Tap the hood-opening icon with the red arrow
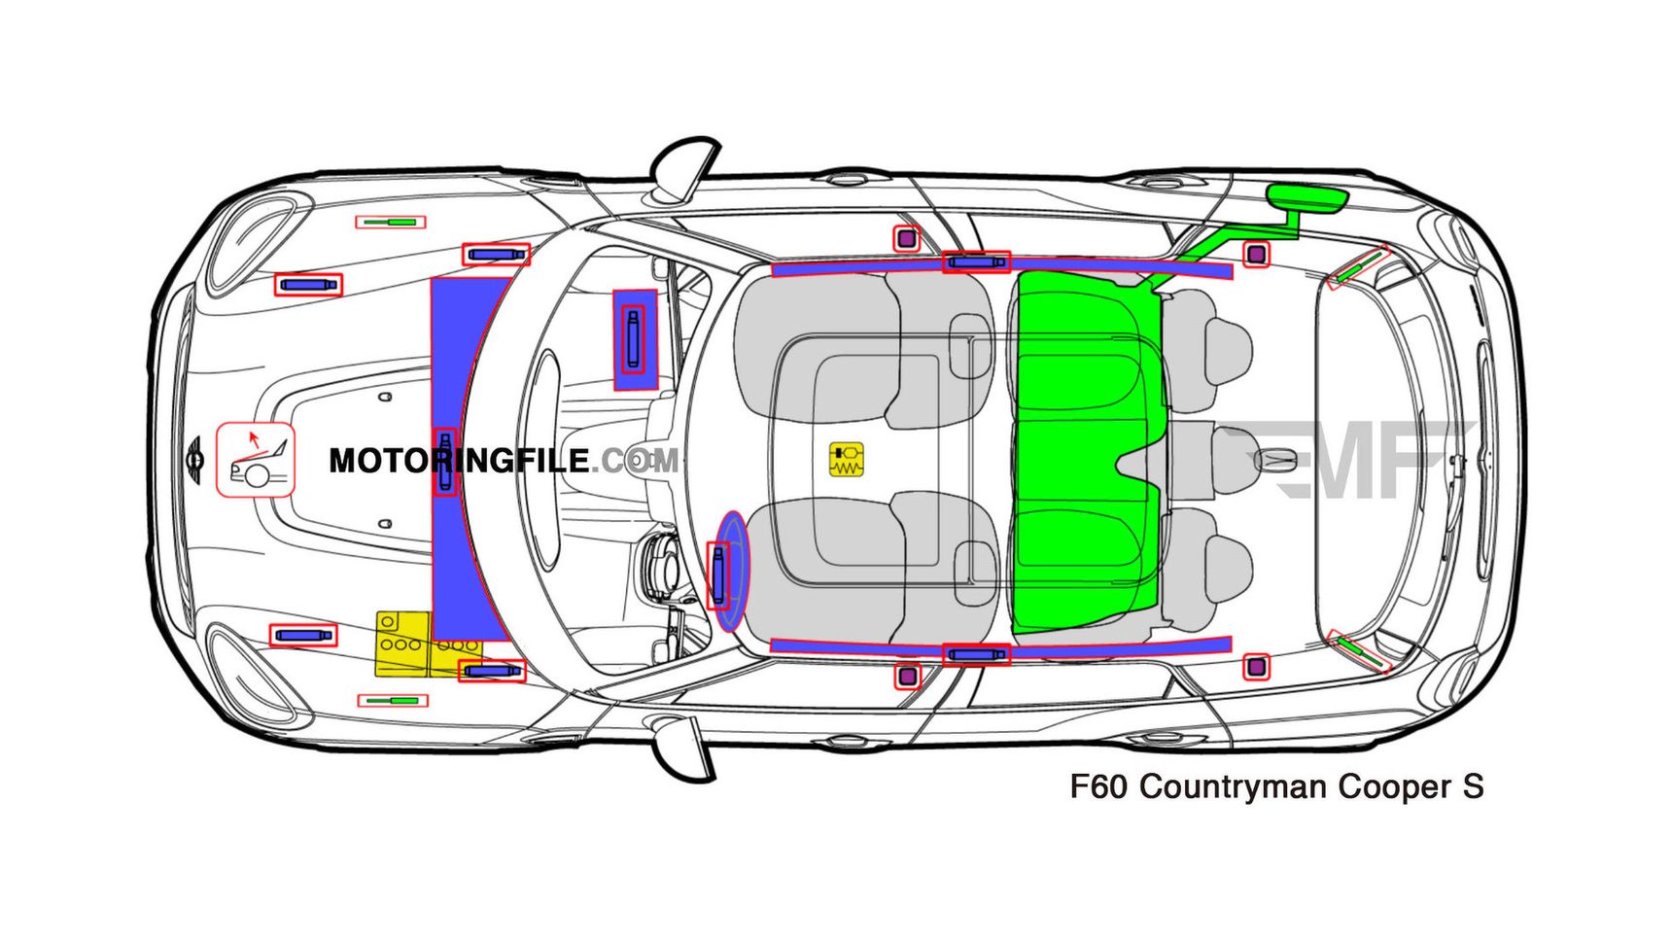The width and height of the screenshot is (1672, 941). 255,460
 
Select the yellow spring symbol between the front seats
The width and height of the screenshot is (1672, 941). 846,460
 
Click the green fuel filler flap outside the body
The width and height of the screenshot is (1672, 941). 1306,198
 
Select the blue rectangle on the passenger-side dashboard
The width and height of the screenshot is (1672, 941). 635,339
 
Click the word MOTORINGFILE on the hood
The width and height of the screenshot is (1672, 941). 458,461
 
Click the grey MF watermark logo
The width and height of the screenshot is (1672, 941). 1346,460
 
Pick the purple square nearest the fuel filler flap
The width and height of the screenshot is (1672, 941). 1256,255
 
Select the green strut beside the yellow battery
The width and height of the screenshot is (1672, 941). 393,700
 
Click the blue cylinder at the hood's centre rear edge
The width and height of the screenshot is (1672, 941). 445,462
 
